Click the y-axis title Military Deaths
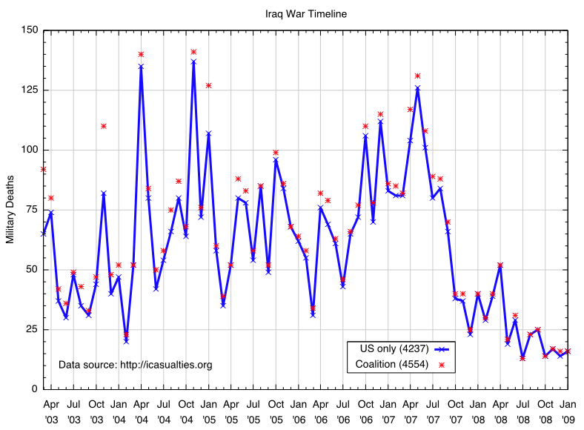click(10, 210)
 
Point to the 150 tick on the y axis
click(29, 30)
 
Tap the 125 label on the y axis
click(29, 90)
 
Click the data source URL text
click(136, 365)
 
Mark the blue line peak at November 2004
click(193, 62)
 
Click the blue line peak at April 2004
click(141, 67)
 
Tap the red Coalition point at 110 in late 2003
click(104, 126)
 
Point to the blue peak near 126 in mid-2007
click(418, 88)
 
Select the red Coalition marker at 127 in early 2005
click(209, 85)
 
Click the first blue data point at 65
click(44, 234)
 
